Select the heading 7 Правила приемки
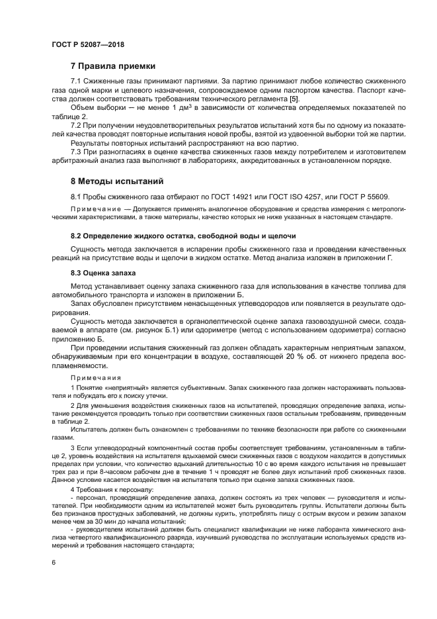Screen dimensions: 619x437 pos(113,66)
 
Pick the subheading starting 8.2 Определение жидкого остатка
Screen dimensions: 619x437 pos(183,235)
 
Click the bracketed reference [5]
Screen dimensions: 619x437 pos(294,99)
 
